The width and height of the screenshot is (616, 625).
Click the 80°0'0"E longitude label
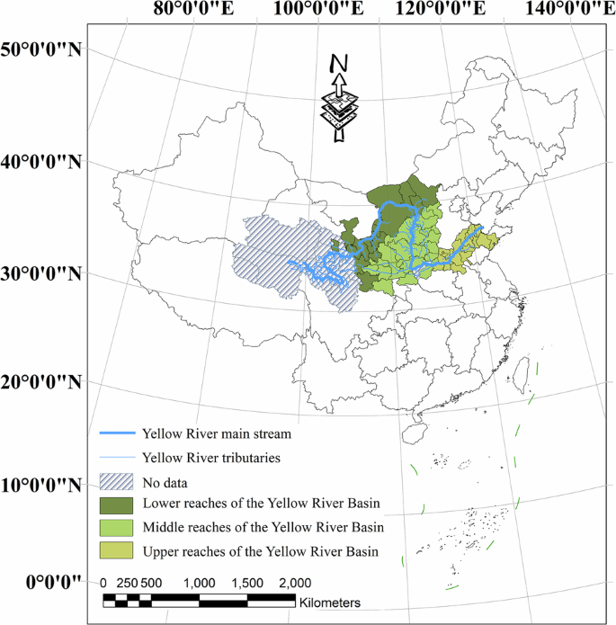pos(194,12)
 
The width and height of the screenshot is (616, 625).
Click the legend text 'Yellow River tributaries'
pos(211,458)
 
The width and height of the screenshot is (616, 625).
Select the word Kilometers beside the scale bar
pos(330,601)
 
